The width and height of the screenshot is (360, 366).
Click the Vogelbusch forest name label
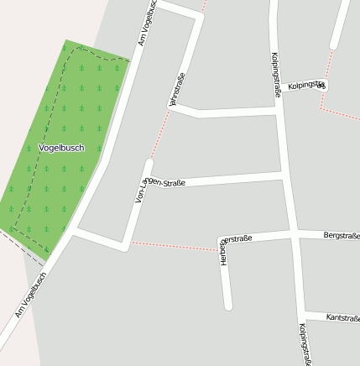pos(62,148)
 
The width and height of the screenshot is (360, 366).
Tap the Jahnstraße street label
pos(176,91)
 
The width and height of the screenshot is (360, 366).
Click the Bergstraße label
pos(341,236)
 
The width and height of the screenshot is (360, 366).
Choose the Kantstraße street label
pos(342,317)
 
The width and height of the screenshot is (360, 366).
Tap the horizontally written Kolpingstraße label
pos(305,85)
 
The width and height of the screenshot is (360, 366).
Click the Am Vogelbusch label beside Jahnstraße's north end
pos(147,23)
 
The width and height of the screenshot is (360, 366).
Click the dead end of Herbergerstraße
pos(227,306)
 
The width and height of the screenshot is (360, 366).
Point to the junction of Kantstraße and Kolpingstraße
pos(302,314)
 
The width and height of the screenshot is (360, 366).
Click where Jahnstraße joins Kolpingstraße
pos(278,110)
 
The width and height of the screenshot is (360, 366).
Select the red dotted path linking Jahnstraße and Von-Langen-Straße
pos(160,133)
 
